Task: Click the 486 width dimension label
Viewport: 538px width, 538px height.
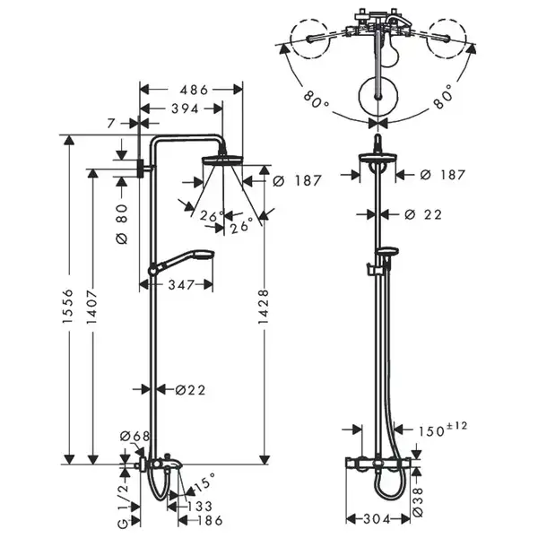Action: pos(194,90)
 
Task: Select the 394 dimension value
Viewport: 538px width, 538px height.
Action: pos(185,109)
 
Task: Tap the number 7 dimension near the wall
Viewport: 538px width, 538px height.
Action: pos(110,123)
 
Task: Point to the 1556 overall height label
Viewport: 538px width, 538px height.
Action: pos(68,306)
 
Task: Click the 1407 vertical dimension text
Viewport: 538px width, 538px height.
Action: pos(91,307)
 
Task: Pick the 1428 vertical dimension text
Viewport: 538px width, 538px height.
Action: pos(263,307)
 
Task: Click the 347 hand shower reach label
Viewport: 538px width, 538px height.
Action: pos(181,285)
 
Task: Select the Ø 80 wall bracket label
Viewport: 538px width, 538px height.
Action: pos(122,224)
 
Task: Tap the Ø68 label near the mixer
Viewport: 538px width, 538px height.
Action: pos(134,437)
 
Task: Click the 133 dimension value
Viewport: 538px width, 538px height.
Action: pos(200,506)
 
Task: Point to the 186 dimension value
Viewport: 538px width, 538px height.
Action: pos(210,520)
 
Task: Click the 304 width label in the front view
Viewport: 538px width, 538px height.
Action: pos(377,519)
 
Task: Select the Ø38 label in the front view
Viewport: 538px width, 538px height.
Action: pos(418,502)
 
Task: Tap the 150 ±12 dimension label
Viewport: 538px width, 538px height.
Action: pos(443,430)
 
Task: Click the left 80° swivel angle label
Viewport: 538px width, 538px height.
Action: pos(317,100)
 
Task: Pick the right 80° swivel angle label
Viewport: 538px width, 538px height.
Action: pos(443,97)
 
